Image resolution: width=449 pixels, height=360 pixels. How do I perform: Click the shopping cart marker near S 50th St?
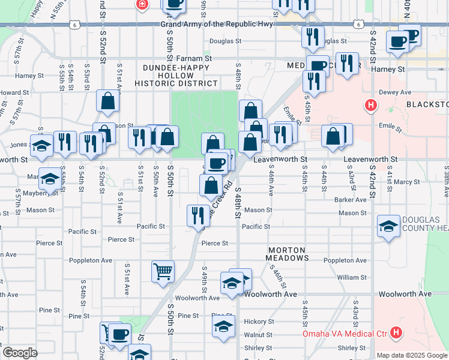pos(163,272)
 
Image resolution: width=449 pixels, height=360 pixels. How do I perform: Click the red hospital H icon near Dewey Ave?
pos(371,106)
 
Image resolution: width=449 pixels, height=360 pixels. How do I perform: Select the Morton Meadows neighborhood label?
pos(287,253)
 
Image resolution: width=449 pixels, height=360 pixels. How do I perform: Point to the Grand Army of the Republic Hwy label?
pos(217,24)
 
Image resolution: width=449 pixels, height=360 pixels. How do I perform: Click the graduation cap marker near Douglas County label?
pos(389,226)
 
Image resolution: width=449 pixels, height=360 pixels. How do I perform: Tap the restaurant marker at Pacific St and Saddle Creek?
pos(198,216)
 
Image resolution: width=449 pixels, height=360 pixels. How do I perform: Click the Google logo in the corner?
pos(20,352)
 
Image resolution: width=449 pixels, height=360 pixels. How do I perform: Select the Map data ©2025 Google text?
pos(411,355)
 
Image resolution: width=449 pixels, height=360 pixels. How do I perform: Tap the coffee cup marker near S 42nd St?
pos(399,42)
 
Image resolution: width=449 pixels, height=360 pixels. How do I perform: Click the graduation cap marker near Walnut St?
pos(223,327)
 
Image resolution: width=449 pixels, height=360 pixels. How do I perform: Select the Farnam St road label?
pos(194,59)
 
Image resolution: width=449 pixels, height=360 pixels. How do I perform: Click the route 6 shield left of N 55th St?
pos(73,24)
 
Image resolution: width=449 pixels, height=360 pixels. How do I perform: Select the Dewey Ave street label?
pos(394,92)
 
